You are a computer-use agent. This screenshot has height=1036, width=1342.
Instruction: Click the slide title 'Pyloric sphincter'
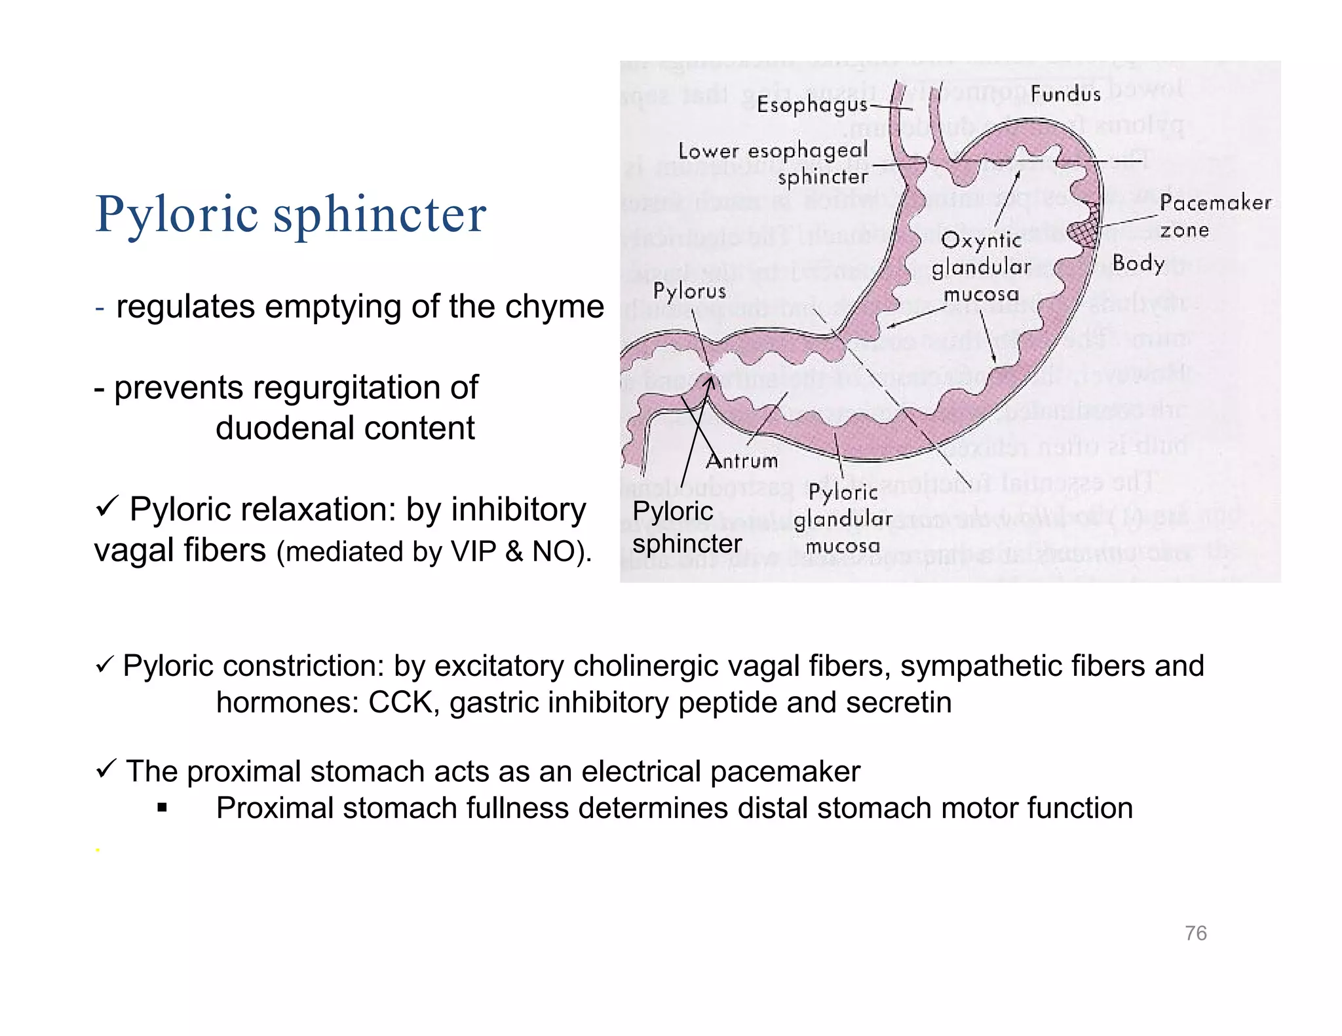(290, 214)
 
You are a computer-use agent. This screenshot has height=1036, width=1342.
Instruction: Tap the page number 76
(1195, 933)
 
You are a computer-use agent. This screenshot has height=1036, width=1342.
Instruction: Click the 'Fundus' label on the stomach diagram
(1065, 94)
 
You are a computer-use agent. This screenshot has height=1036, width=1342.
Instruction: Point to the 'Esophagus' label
(812, 105)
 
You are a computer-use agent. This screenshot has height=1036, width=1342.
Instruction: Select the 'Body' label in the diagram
(1138, 264)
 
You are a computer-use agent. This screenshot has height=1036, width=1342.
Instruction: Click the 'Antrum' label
(742, 461)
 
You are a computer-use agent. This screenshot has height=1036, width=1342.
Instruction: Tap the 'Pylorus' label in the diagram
(689, 291)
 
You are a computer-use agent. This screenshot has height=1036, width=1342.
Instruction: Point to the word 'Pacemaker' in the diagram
(1215, 203)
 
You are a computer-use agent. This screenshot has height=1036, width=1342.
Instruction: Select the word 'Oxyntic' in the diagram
(981, 241)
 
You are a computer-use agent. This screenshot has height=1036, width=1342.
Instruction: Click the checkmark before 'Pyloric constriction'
(105, 665)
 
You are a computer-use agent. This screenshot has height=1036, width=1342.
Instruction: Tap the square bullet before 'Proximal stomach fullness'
(163, 808)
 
